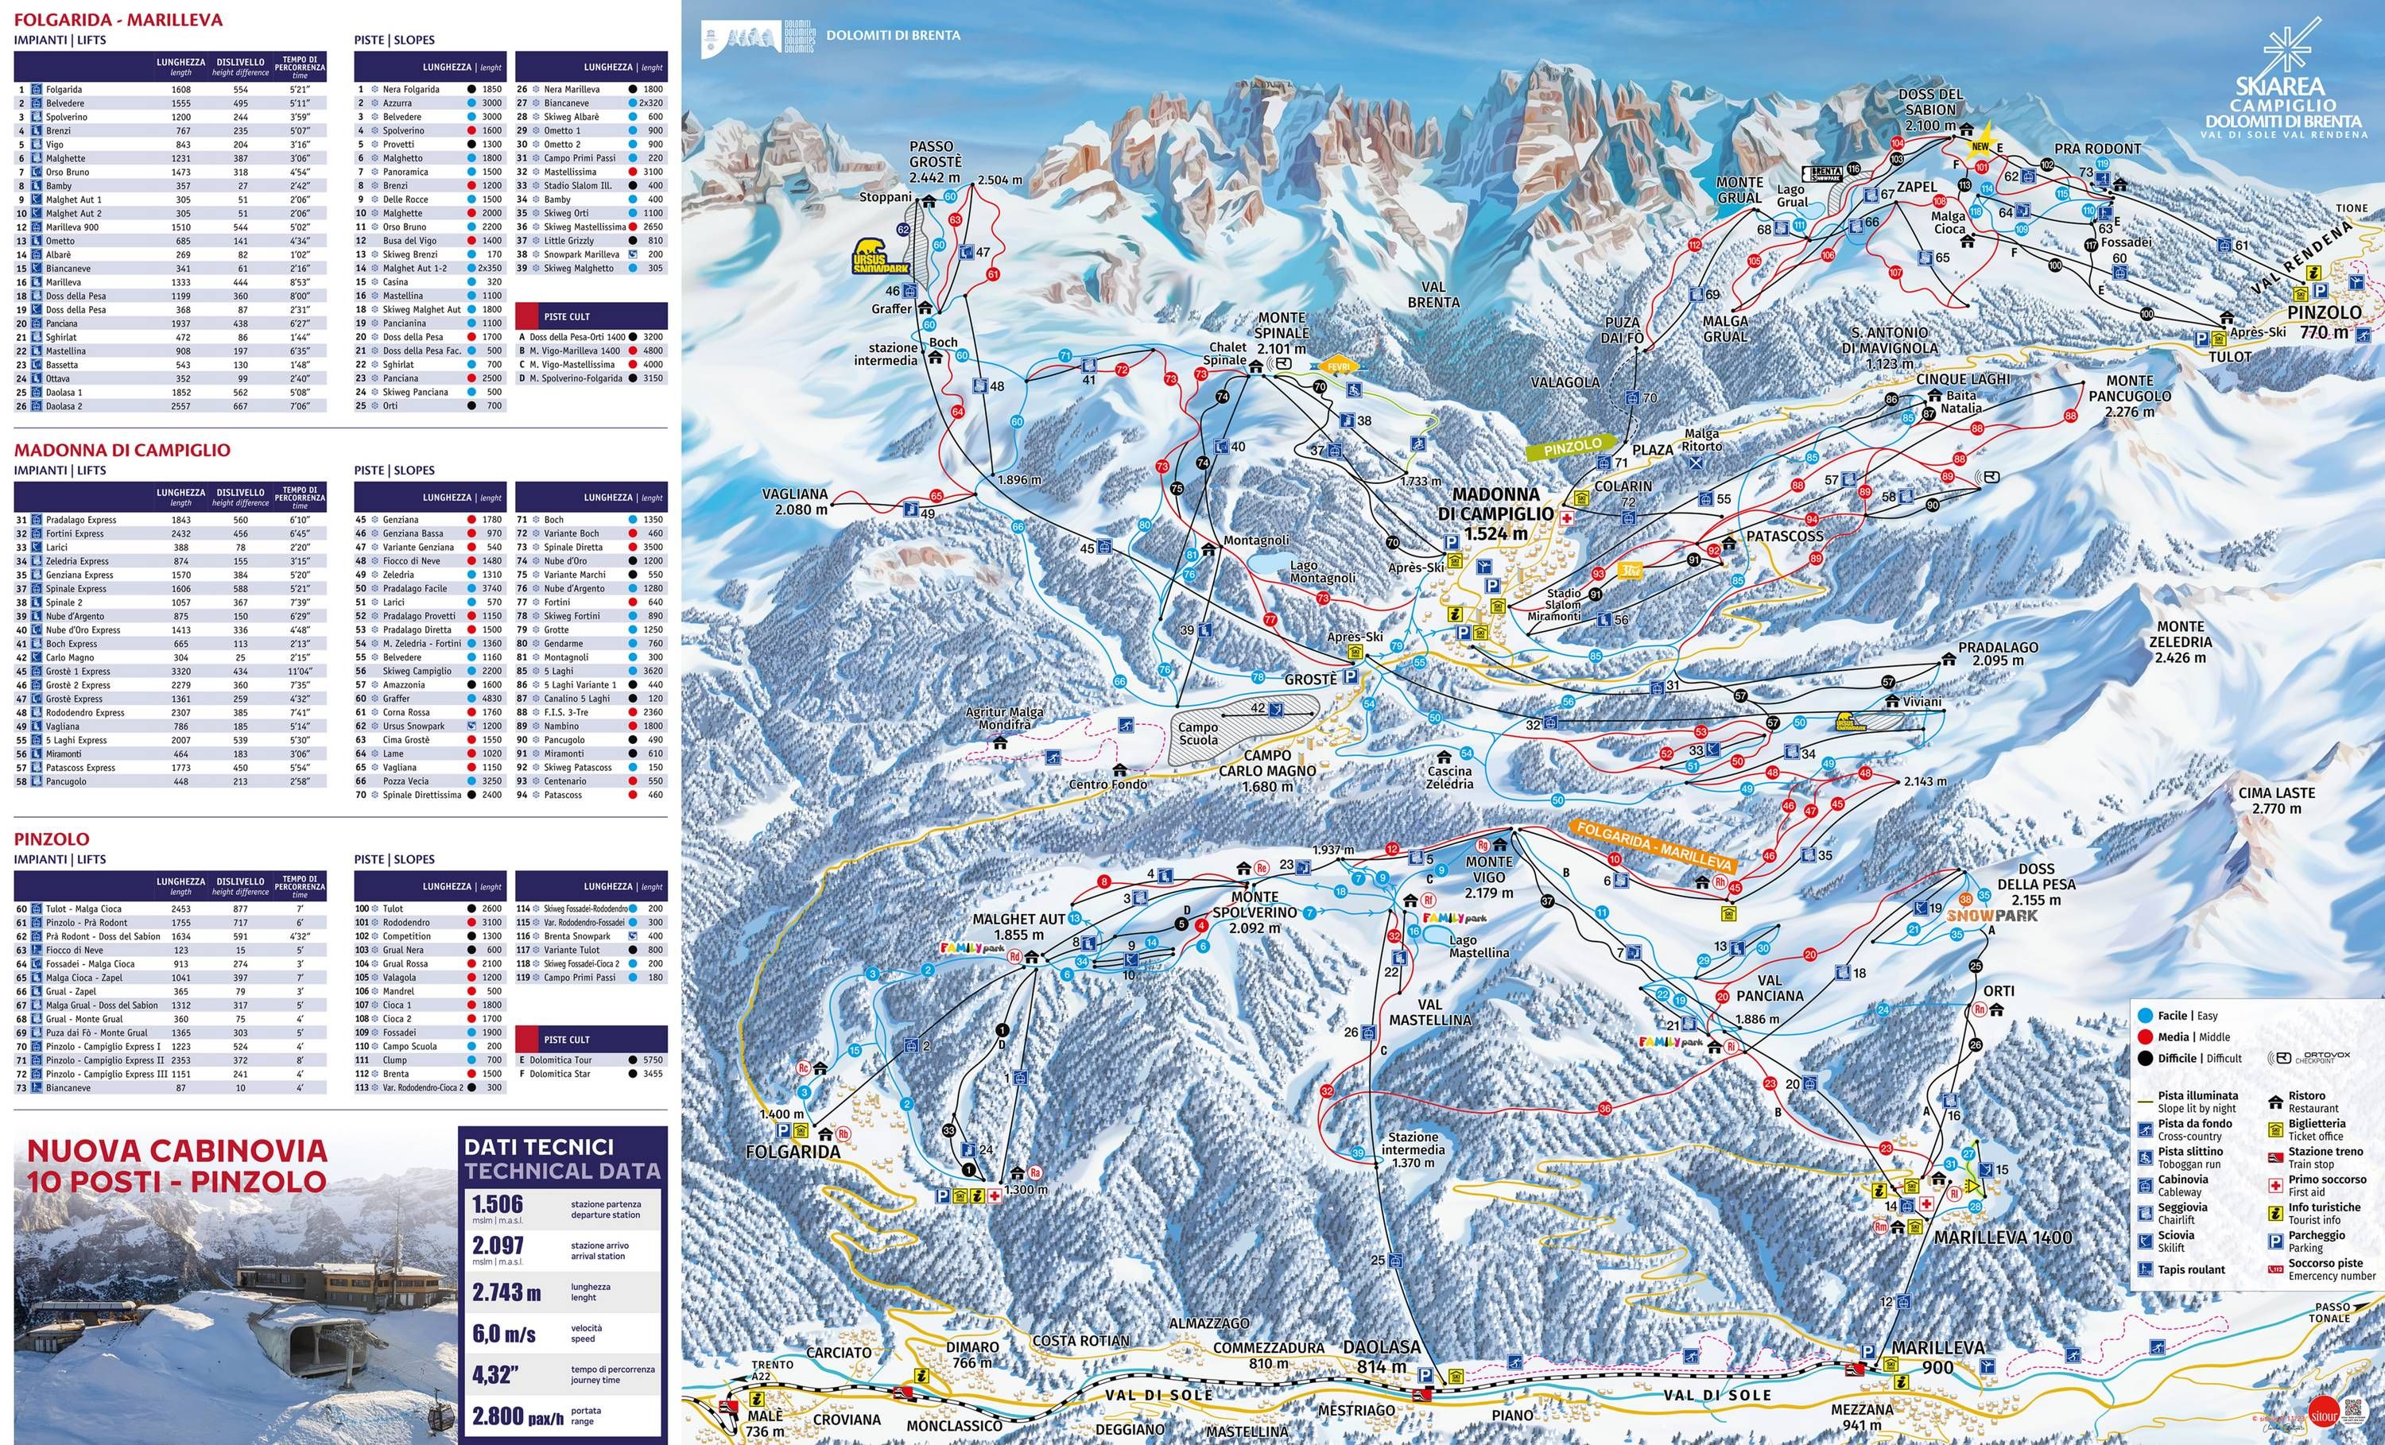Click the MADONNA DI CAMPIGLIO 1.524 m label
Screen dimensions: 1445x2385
tap(1495, 513)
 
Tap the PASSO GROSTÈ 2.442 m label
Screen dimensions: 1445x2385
tap(934, 161)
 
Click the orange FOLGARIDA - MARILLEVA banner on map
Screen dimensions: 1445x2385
tap(1654, 845)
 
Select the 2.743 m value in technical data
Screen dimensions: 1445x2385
tap(506, 1292)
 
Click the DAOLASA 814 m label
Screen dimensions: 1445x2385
tap(1381, 1356)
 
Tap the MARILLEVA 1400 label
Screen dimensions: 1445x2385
tap(2002, 1237)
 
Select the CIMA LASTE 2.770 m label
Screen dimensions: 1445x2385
tap(2277, 800)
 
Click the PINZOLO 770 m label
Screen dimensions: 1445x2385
tap(2324, 322)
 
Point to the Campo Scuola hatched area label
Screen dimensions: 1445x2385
tap(1198, 733)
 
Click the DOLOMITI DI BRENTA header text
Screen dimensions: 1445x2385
tap(893, 35)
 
